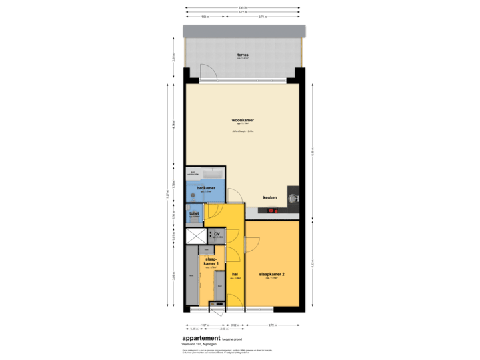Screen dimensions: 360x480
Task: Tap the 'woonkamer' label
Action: point(243,121)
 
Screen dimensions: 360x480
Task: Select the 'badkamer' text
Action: point(205,189)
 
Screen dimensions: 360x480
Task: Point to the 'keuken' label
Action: point(270,198)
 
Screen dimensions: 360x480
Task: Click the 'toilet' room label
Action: point(195,214)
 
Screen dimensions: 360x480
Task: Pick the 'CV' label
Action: point(217,234)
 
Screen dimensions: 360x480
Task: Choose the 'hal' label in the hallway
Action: point(235,274)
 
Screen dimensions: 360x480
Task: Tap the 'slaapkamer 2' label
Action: point(271,274)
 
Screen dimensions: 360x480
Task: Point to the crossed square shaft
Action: point(196,237)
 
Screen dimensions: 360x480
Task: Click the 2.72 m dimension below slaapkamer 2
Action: point(273,325)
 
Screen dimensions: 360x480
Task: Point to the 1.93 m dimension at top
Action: point(205,16)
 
